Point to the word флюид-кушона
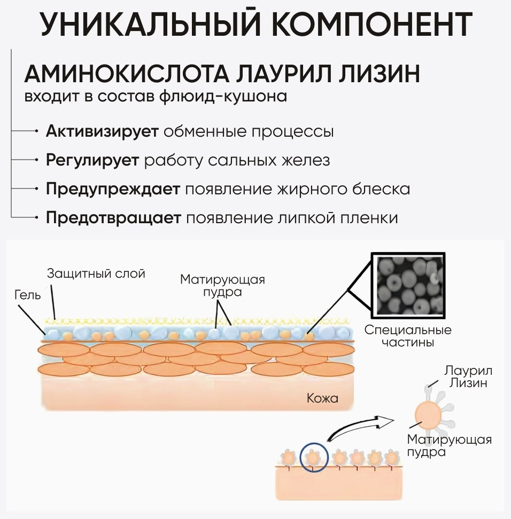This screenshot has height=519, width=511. [x=223, y=97]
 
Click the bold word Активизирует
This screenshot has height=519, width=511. [x=102, y=131]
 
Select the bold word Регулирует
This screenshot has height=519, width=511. [x=92, y=161]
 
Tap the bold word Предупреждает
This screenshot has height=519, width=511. [x=113, y=190]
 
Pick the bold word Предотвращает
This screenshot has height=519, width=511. [x=113, y=218]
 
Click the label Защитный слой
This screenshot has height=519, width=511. [x=96, y=274]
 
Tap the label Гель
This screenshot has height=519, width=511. [x=27, y=295]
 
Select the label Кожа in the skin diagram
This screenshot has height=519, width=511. [x=322, y=398]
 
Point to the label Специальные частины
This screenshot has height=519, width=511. [x=408, y=336]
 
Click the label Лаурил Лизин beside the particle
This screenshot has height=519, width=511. [x=468, y=376]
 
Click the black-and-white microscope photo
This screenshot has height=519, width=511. [x=408, y=286]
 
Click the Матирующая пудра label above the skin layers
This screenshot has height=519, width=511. [x=223, y=286]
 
